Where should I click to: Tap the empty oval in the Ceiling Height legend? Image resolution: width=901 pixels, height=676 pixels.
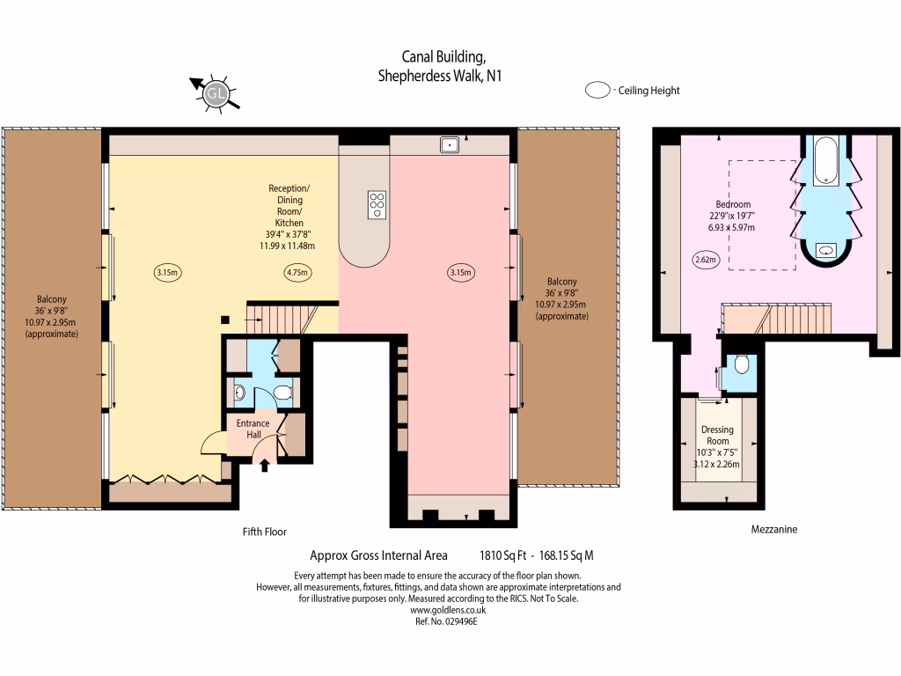(599, 90)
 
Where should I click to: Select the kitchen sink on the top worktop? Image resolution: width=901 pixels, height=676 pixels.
(449, 144)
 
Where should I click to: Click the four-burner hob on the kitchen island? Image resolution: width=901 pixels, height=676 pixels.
(377, 204)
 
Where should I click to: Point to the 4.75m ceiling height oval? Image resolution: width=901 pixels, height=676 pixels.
(297, 273)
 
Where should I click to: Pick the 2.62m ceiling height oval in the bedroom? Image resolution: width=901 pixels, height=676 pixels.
(707, 260)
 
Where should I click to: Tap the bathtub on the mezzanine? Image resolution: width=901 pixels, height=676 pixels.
(824, 161)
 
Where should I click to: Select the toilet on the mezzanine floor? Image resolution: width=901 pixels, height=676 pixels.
(741, 364)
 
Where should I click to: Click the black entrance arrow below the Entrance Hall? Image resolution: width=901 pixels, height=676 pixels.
(265, 465)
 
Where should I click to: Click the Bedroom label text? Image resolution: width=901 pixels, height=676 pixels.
(732, 204)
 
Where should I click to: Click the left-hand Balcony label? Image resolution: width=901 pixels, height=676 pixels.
(51, 298)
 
